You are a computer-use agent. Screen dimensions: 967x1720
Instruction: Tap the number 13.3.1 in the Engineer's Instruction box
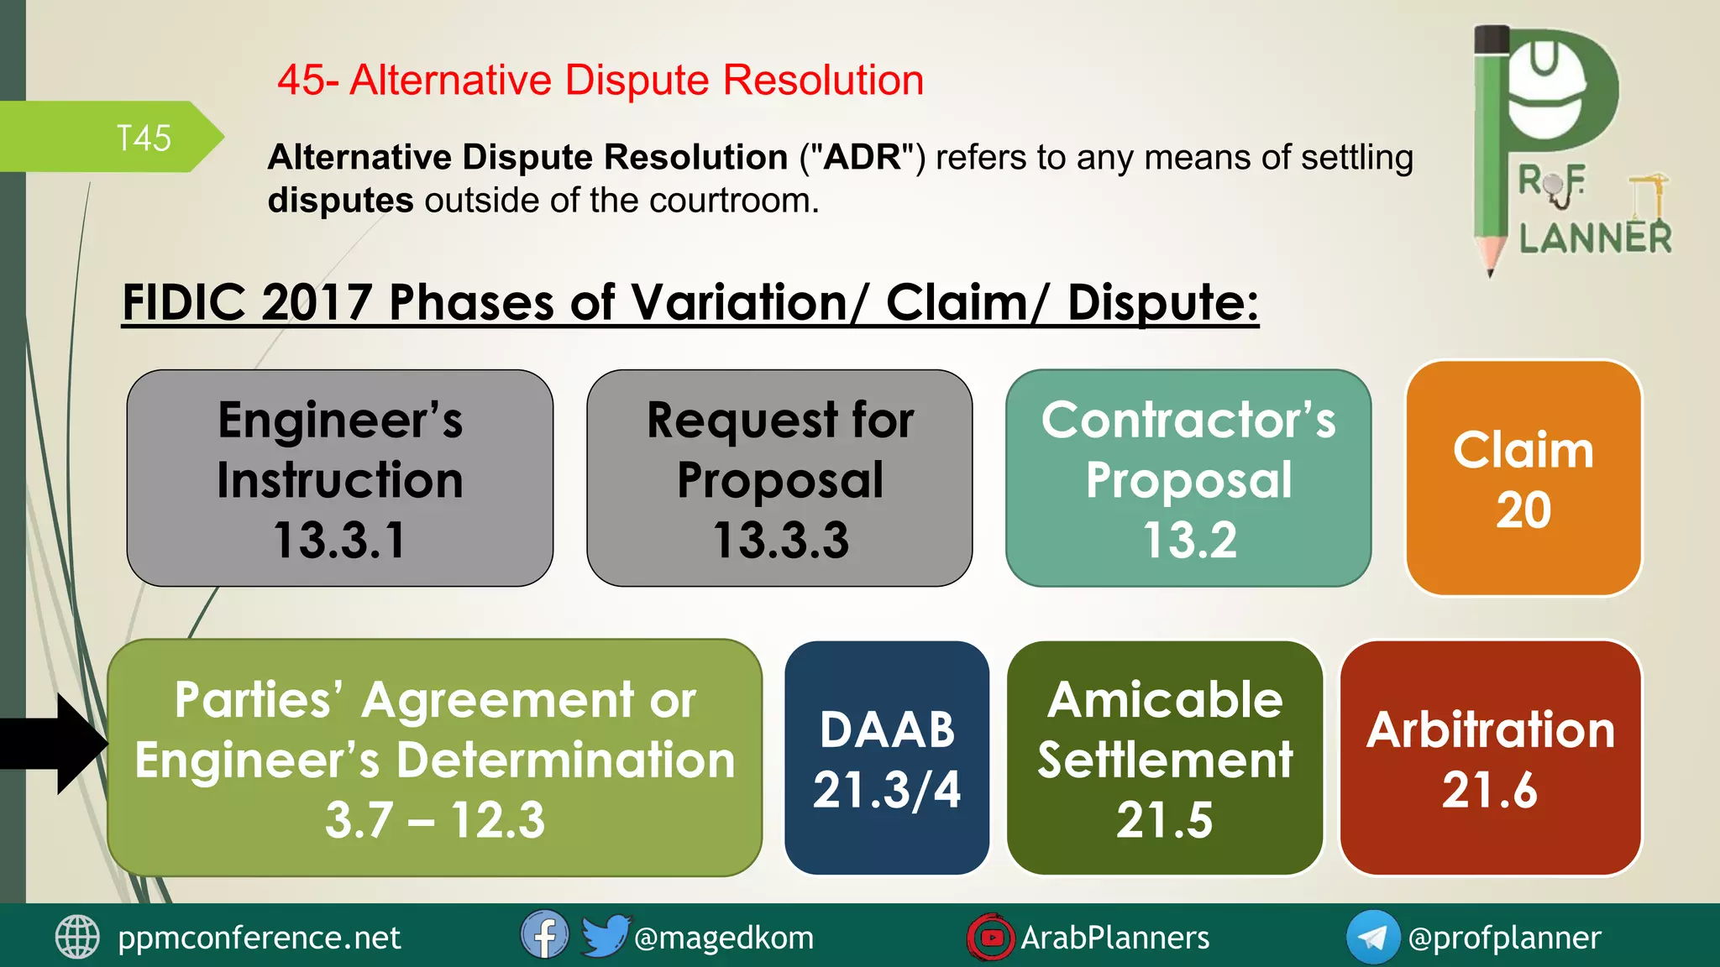tap(339, 540)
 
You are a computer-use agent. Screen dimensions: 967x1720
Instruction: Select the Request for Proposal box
tap(779, 478)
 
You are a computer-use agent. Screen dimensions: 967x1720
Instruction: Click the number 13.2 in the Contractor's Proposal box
tap(1189, 540)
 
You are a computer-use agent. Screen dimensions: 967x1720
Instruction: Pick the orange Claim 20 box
tap(1523, 478)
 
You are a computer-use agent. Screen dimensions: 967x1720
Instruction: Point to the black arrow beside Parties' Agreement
tap(59, 744)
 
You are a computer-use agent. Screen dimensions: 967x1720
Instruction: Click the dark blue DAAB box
tap(887, 758)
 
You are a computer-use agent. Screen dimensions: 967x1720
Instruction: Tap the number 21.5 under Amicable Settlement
tap(1164, 820)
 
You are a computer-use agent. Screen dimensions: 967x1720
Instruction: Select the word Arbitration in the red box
tap(1491, 729)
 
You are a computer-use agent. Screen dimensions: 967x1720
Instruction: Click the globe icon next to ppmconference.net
tap(77, 937)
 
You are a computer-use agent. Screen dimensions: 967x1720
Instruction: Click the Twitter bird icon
tap(605, 935)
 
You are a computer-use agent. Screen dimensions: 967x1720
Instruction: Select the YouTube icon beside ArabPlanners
tap(991, 937)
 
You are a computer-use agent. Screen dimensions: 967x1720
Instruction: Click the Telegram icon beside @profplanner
tap(1372, 937)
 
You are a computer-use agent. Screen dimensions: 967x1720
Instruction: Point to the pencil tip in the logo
tap(1491, 267)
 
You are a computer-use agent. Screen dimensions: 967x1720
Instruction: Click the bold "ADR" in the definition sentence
tap(863, 157)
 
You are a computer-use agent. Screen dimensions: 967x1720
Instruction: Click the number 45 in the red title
tap(301, 81)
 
